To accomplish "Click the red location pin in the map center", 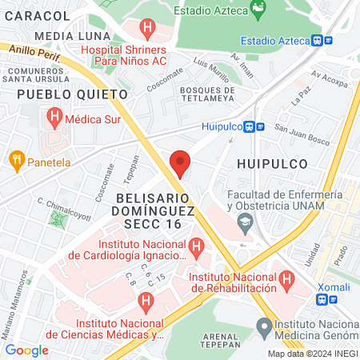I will click(180, 163).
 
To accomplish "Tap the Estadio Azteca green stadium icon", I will click(258, 10).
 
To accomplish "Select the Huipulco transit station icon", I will click(250, 126).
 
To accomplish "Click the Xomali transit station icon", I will click(322, 299).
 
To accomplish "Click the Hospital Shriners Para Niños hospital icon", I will click(147, 30).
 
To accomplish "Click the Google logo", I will click(26, 350).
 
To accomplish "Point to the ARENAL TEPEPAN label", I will click(212, 339).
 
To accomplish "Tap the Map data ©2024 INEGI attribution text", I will click(312, 354).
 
